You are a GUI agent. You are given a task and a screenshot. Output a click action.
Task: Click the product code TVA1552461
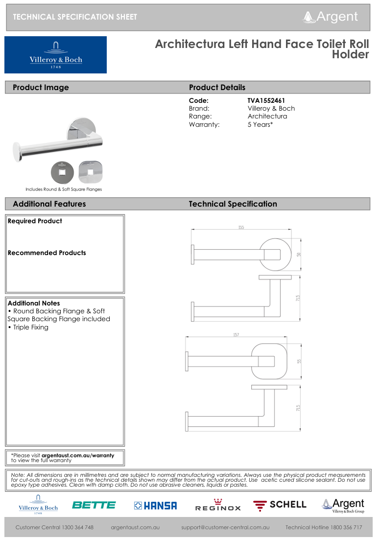(x=266, y=101)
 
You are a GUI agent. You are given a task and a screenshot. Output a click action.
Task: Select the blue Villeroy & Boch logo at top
(x=55, y=55)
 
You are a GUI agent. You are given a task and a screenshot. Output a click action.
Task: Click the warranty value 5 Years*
(x=260, y=124)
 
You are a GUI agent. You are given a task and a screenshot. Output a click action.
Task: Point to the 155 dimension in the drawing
(x=241, y=227)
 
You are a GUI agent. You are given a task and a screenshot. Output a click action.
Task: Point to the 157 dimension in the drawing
(x=236, y=334)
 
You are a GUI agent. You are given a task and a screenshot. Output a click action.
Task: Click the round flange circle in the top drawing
(x=274, y=255)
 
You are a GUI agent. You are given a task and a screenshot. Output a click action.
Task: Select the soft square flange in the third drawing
(x=268, y=361)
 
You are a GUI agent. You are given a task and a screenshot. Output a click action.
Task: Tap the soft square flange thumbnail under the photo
(x=91, y=172)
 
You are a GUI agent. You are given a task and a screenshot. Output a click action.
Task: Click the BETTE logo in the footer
(x=94, y=505)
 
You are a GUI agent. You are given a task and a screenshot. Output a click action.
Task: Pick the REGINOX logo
(x=218, y=506)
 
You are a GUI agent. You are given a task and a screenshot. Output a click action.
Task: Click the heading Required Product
(x=35, y=221)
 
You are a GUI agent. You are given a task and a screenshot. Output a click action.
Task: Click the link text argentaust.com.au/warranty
(x=78, y=455)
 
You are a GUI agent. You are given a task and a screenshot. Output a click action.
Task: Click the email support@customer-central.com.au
(x=225, y=527)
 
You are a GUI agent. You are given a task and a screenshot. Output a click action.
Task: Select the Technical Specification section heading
(x=233, y=204)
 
